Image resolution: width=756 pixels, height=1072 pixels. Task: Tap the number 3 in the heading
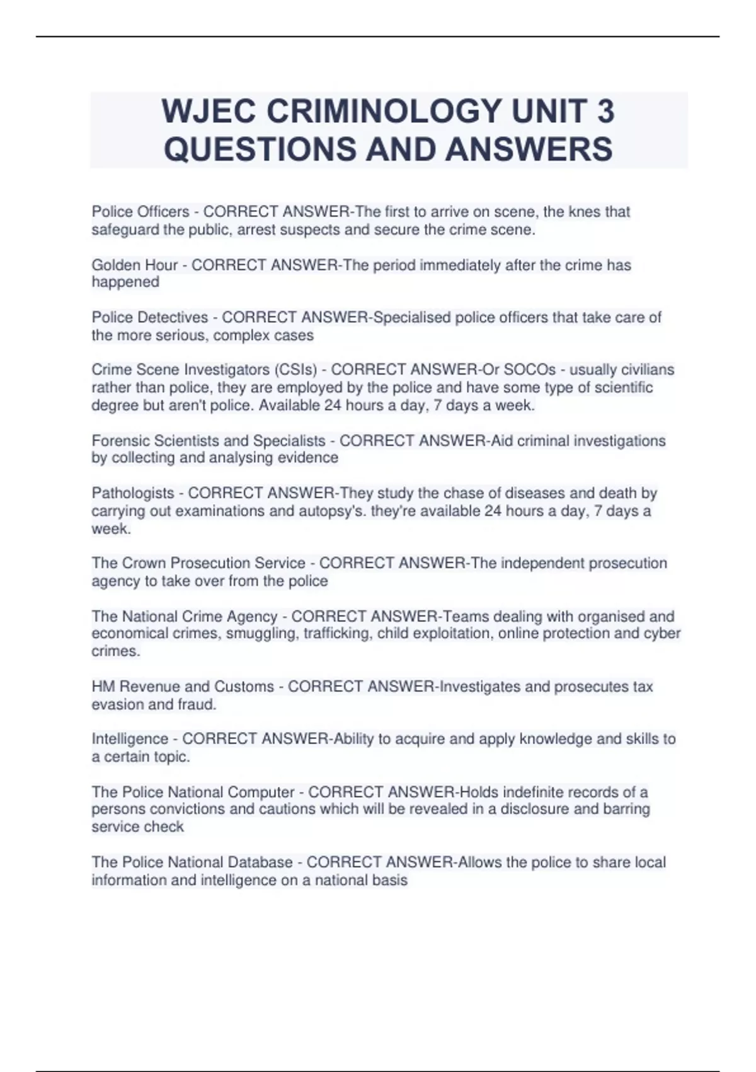604,112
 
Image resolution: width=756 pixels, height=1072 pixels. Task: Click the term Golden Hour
134,265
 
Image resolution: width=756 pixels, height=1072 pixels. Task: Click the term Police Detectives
150,318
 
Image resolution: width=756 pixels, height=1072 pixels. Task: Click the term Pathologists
133,493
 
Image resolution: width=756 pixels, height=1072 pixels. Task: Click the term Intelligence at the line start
130,739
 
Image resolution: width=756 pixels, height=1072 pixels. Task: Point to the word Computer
261,792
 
